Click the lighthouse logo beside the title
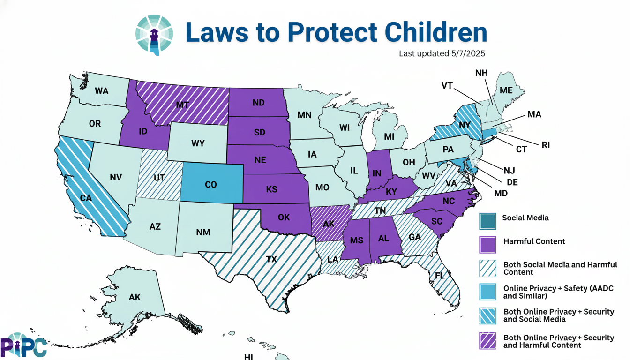point(154,34)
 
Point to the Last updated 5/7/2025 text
point(442,53)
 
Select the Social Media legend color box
point(487,221)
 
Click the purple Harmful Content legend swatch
point(487,244)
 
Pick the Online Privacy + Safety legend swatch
point(487,292)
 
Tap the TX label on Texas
point(271,259)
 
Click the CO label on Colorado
point(211,185)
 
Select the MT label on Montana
point(182,105)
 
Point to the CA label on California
point(86,198)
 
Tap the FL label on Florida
point(439,276)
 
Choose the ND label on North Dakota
point(258,103)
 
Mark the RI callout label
point(545,145)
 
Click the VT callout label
point(447,86)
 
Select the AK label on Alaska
point(135,297)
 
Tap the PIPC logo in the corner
point(23,345)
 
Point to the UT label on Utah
point(158,178)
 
